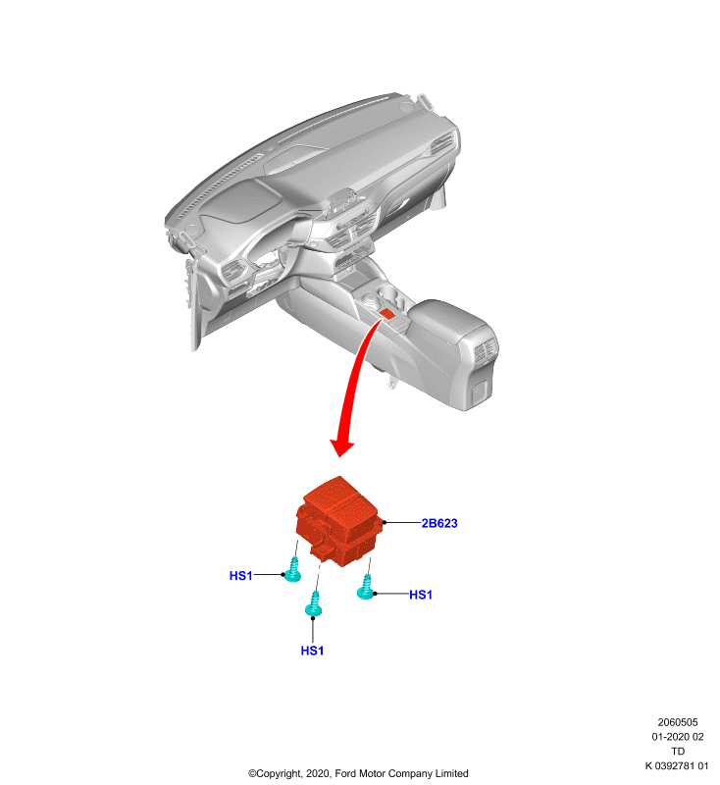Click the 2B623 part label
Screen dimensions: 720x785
point(439,523)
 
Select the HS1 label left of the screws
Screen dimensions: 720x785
point(240,576)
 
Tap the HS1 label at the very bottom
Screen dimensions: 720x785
point(312,651)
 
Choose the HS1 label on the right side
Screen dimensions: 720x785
point(421,595)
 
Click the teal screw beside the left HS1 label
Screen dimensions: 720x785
point(292,570)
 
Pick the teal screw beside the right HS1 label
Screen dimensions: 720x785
point(366,587)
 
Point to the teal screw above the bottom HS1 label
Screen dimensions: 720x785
point(313,603)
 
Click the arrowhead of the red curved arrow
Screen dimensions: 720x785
point(341,447)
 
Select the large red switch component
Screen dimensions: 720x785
point(339,521)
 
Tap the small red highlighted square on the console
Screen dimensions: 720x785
point(387,314)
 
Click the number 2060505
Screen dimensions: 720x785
point(678,722)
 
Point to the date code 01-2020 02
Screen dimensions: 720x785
point(678,737)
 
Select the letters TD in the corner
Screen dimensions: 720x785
point(678,752)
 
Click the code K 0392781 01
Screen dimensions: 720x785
point(677,766)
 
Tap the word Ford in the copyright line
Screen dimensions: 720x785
point(345,773)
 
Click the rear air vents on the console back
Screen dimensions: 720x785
point(486,350)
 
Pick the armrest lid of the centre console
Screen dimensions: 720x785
point(450,321)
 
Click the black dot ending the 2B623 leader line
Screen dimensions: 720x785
point(385,523)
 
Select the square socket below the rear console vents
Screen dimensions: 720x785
point(481,391)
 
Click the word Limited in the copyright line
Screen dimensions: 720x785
point(452,773)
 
